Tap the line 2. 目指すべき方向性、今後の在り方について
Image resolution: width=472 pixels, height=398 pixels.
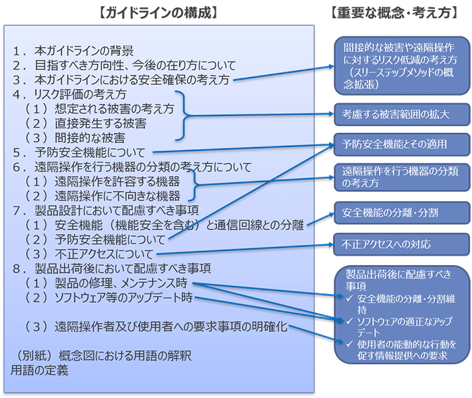(124, 65)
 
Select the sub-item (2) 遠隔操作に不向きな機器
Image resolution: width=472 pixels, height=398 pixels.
(102, 196)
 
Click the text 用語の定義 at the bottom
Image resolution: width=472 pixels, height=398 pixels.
(39, 370)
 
